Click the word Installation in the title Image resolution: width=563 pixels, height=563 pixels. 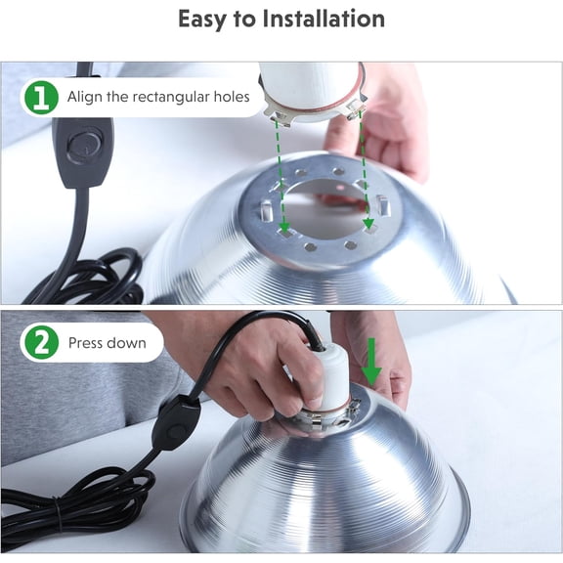click(x=324, y=19)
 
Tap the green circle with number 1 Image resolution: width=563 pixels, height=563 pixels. click(x=41, y=98)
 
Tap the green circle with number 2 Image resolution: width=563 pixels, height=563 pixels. click(x=41, y=342)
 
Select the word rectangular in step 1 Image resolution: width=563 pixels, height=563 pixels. click(x=170, y=97)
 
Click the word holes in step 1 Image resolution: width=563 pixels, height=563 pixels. click(x=232, y=97)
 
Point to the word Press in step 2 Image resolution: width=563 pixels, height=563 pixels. click(x=85, y=343)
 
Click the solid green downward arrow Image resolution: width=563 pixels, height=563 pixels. click(x=370, y=361)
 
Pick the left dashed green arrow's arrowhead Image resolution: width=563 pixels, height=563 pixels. click(x=284, y=227)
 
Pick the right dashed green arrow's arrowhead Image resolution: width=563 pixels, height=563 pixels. click(x=368, y=223)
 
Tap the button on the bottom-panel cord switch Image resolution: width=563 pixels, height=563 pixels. click(x=175, y=430)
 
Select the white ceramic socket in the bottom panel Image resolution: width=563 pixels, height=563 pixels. click(x=332, y=375)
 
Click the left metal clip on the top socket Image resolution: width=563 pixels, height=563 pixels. click(x=278, y=116)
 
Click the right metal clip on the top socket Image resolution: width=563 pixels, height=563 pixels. click(x=356, y=108)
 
